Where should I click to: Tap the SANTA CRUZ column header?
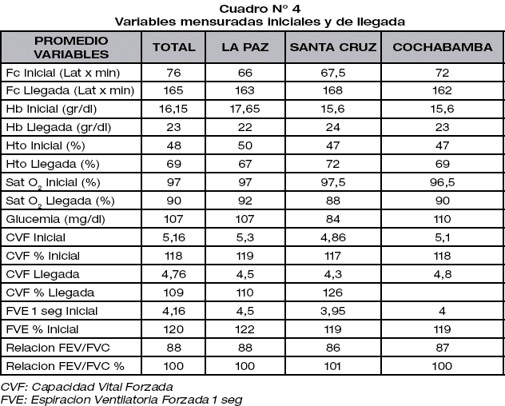[x=332, y=47]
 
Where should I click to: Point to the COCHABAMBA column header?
[x=442, y=47]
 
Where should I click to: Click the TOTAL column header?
[x=174, y=47]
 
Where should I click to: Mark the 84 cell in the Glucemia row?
[x=332, y=218]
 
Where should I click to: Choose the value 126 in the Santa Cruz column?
[x=332, y=293]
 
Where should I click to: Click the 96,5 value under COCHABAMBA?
[x=442, y=181]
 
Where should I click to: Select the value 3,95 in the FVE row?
[x=332, y=312]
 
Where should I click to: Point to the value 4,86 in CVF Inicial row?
[x=332, y=237]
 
